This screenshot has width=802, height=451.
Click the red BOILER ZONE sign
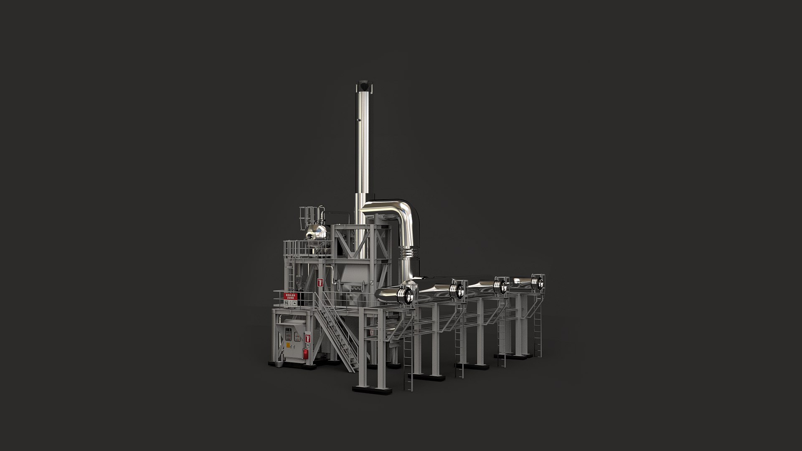(290, 296)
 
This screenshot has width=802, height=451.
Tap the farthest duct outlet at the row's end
(538, 282)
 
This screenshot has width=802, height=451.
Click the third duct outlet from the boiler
(499, 286)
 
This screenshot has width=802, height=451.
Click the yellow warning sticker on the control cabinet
(288, 345)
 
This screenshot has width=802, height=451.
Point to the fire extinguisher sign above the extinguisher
(308, 337)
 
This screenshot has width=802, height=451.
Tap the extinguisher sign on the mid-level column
(320, 282)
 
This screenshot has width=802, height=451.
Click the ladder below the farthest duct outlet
(538, 330)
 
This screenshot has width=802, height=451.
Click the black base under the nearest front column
(372, 389)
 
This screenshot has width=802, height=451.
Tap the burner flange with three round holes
(356, 288)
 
